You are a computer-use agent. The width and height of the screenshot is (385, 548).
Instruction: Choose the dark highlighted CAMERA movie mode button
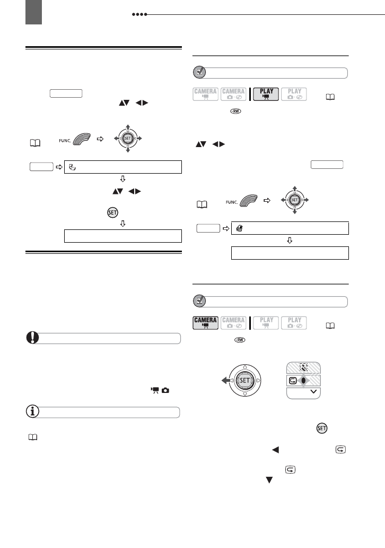[x=205, y=323]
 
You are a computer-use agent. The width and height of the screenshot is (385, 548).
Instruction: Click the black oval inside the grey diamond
[x=304, y=380]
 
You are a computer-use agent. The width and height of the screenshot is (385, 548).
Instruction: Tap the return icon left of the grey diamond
[x=292, y=380]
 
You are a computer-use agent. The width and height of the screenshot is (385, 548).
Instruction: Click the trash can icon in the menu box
[x=239, y=228]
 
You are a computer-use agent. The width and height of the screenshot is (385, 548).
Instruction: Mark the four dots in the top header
[x=140, y=14]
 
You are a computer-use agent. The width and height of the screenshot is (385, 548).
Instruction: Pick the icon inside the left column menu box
[x=72, y=165]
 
